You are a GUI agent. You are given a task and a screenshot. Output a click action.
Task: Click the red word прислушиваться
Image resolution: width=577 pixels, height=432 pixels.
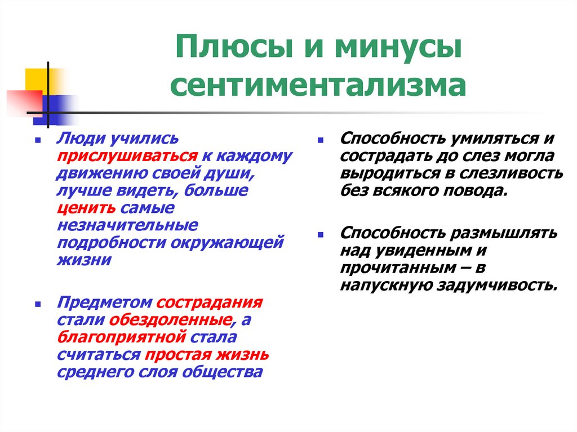click(126, 156)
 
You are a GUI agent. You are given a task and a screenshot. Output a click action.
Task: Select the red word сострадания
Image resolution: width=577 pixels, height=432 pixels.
click(210, 302)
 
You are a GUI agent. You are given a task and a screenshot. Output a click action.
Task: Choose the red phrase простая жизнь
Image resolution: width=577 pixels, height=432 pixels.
click(206, 355)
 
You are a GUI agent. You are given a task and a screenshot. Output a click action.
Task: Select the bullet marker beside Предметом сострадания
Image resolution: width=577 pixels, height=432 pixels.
click(37, 303)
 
